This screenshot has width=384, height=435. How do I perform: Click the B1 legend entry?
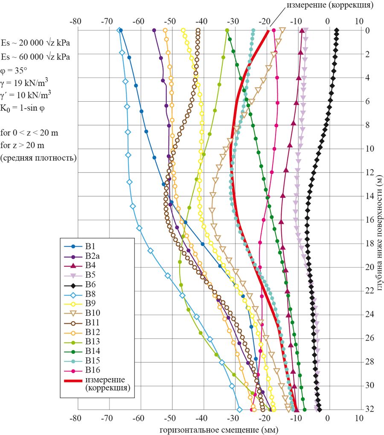coord(90,247)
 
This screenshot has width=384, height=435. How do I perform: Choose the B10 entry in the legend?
coord(92,313)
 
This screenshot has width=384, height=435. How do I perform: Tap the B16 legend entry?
coord(92,370)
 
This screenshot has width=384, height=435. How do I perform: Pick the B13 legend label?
coord(92,341)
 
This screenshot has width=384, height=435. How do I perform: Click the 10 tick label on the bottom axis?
coord(359,417)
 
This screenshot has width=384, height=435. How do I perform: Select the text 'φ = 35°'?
coord(16,70)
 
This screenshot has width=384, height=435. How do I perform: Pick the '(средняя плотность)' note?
coord(39,158)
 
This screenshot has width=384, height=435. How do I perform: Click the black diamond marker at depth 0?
coord(337,30)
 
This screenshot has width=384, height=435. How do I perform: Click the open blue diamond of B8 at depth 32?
coord(239,409)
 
